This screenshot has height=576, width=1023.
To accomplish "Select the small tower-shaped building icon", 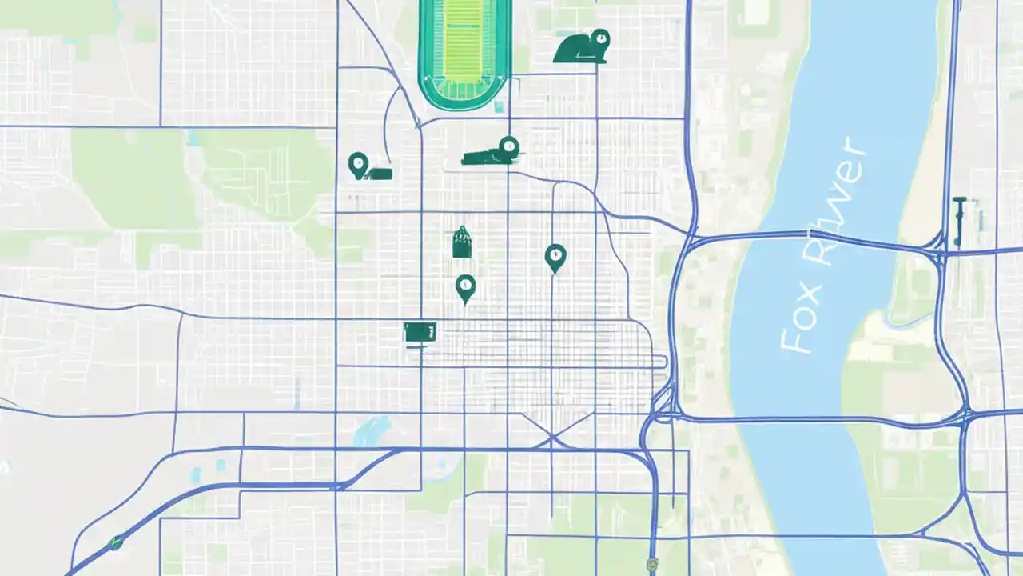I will coord(461,242).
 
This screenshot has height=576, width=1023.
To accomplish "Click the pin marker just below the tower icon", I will coord(465,287).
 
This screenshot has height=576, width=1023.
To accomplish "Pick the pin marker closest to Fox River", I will coord(555,257).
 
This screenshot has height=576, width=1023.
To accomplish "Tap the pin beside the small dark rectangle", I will coord(358,165).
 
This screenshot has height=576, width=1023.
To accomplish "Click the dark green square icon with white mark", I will coord(420,331).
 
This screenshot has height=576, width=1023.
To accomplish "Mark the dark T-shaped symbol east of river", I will coord(959,220).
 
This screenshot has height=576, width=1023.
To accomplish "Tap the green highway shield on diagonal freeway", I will coord(116,542).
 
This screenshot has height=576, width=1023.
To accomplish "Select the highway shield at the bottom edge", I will coord(653,565).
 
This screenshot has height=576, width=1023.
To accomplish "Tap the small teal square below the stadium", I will coord(498,106).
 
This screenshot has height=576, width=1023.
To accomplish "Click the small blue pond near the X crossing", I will coord(371,433).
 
